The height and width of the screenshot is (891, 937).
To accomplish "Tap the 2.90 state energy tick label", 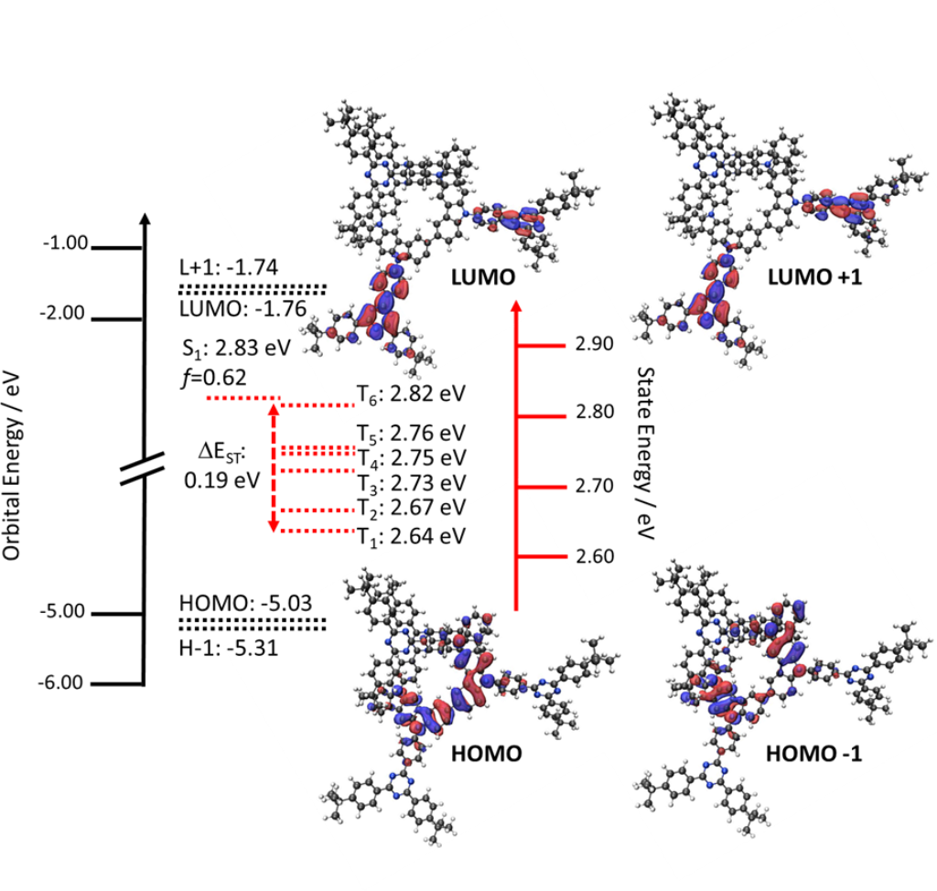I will tap(596, 344).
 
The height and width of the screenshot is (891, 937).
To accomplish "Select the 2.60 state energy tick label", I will tap(596, 556).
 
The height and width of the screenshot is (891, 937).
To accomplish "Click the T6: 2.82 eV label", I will tap(411, 394).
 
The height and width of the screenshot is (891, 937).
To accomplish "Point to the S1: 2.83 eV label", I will tap(233, 349).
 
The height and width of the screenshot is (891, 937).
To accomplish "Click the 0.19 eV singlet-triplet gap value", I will tap(222, 478).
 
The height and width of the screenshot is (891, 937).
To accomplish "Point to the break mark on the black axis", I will tap(143, 469).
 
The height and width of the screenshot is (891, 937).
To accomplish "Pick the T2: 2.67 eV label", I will tap(411, 507).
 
